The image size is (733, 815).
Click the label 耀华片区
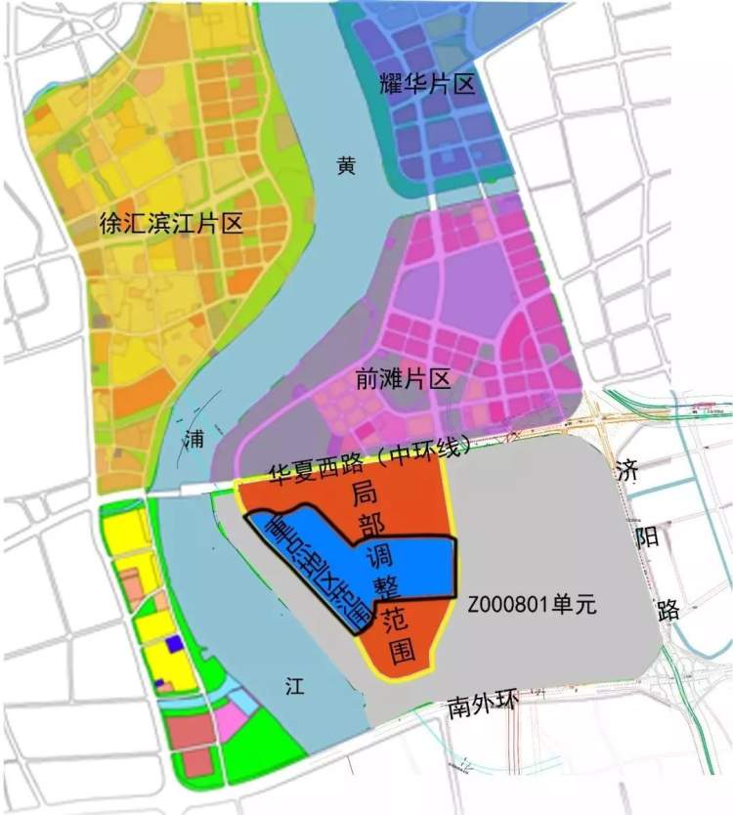click(426, 84)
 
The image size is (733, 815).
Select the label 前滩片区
click(403, 379)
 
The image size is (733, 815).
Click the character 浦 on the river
click(194, 439)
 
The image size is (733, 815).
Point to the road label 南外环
click(481, 706)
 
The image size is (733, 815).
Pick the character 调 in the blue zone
click(377, 557)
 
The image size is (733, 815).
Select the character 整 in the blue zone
click(384, 588)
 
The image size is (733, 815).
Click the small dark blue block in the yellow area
click(173, 643)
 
